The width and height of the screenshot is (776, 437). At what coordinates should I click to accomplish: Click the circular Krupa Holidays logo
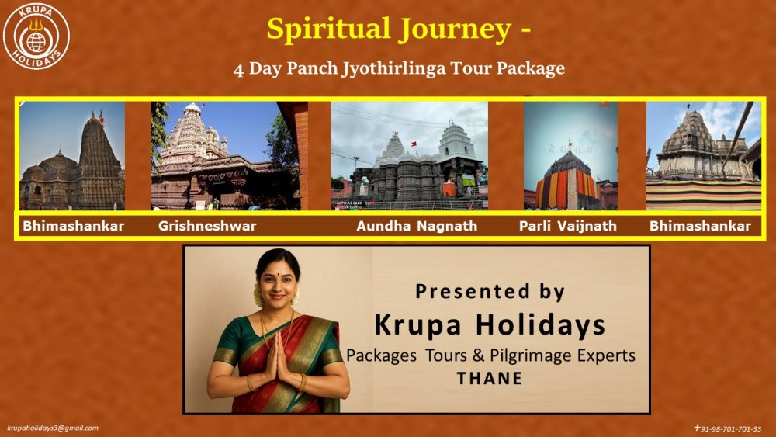click(x=36, y=36)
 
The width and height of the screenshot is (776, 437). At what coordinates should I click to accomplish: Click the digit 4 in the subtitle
click(x=238, y=70)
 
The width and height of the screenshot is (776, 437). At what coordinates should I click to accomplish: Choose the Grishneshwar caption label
click(x=207, y=226)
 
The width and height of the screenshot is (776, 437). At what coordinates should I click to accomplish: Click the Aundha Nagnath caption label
click(x=417, y=226)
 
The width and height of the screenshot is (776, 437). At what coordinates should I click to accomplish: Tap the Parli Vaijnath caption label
click(x=568, y=226)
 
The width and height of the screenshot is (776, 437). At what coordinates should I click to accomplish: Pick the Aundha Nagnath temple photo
click(x=409, y=156)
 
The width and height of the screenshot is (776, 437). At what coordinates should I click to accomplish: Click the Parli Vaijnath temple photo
click(x=570, y=156)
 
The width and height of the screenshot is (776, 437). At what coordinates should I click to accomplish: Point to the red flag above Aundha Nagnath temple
click(x=414, y=144)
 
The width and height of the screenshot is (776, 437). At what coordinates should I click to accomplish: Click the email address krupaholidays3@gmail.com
click(x=53, y=428)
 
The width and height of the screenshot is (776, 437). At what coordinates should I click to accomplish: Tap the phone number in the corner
click(x=728, y=428)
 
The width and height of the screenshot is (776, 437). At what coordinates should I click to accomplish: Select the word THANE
click(x=489, y=379)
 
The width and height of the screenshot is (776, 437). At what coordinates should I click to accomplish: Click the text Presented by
click(x=490, y=292)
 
